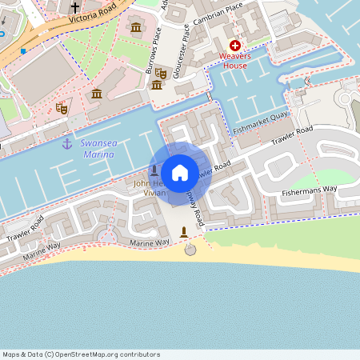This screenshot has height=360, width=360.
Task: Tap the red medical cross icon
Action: [235, 47]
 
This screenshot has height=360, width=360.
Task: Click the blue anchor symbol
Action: [67, 143]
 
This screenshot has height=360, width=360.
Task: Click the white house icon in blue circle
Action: [180, 173]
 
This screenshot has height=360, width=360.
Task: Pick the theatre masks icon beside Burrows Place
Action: [160, 73]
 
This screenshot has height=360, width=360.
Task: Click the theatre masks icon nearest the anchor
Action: [62, 108]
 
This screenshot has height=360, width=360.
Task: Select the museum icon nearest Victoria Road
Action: [135, 30]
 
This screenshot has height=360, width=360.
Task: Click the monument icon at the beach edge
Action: [185, 232]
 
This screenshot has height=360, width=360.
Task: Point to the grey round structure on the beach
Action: [190, 250]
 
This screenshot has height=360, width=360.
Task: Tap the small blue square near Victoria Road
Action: [23, 51]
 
